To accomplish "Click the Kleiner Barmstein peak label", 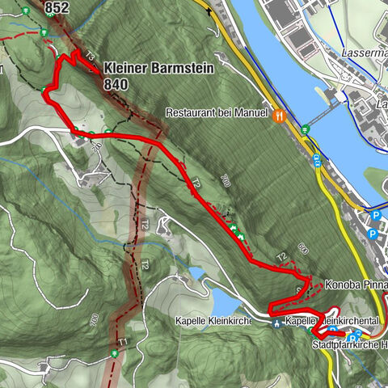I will pos(159,70).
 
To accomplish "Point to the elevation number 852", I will pos(57,7).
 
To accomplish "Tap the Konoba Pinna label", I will pos(356,285).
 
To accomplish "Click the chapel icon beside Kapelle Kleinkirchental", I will pos(277,322).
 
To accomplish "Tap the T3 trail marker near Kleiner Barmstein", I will pos(90,57).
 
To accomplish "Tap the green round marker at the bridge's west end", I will pos(305,129).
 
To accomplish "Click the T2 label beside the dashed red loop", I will pos(282,257).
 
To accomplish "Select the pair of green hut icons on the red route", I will pos(237,233).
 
